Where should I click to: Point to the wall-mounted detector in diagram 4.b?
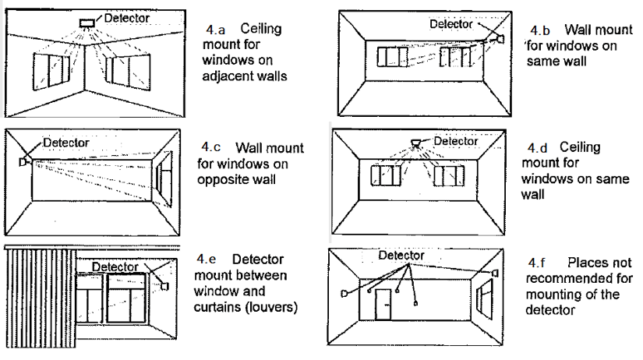pyautogui.click(x=500, y=38)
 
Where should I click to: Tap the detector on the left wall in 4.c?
pyautogui.click(x=22, y=161)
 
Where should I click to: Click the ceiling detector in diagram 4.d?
pyautogui.click(x=415, y=143)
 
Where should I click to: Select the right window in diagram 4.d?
pyautogui.click(x=449, y=176)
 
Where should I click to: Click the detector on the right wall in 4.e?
pyautogui.click(x=164, y=286)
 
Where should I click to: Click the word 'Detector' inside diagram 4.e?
pyautogui.click(x=115, y=266)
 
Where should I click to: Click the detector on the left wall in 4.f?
pyautogui.click(x=344, y=293)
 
